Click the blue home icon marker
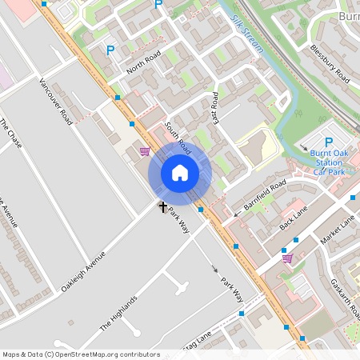[x=180, y=173]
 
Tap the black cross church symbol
[x=163, y=206]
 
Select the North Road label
[x=144, y=62]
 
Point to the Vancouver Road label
[x=55, y=101]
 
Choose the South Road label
[x=178, y=137]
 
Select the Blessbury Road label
[x=330, y=63]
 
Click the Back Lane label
[x=294, y=217]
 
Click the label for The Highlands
[x=118, y=313]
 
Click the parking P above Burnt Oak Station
[x=329, y=142]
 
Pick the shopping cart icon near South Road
[x=144, y=151]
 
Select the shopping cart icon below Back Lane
[x=287, y=258]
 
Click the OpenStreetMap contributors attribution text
[x=81, y=354]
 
